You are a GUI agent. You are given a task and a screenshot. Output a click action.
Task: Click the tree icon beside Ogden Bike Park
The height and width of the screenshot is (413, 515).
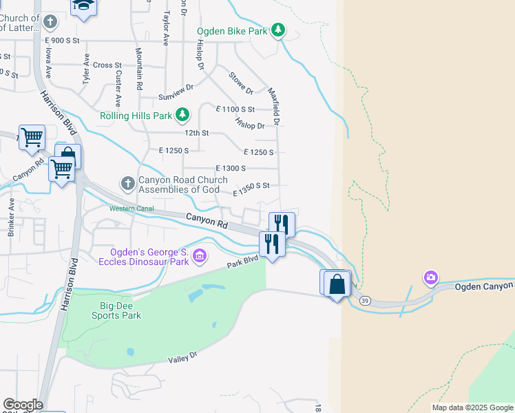pos(277,30)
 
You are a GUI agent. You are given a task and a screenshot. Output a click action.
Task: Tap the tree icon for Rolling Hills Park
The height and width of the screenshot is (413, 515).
pos(182,115)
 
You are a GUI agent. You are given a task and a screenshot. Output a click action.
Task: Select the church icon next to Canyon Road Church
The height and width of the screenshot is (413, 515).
pos(127,184)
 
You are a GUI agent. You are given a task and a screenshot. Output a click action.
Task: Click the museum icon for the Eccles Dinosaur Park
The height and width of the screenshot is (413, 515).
pos(200,257)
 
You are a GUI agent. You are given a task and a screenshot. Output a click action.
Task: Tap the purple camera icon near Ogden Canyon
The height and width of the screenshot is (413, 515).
pos(430,277)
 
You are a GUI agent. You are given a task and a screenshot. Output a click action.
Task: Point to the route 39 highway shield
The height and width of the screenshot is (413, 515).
pos(364,300)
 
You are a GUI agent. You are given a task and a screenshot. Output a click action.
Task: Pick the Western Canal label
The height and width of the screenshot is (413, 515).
pos(132,209)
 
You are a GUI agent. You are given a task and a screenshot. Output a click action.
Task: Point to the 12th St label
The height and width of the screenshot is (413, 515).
pos(196,133)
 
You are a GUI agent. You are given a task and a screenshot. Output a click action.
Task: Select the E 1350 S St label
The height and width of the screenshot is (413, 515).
pos(251,189)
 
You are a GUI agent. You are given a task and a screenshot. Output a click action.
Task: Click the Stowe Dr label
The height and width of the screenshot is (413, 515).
pos(242,83)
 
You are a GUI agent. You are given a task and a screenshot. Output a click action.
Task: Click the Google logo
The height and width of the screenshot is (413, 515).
pos(23,405)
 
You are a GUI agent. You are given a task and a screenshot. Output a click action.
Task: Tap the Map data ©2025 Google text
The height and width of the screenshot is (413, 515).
pos(472,407)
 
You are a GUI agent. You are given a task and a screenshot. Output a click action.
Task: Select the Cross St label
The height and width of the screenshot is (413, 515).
pos(107,65)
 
